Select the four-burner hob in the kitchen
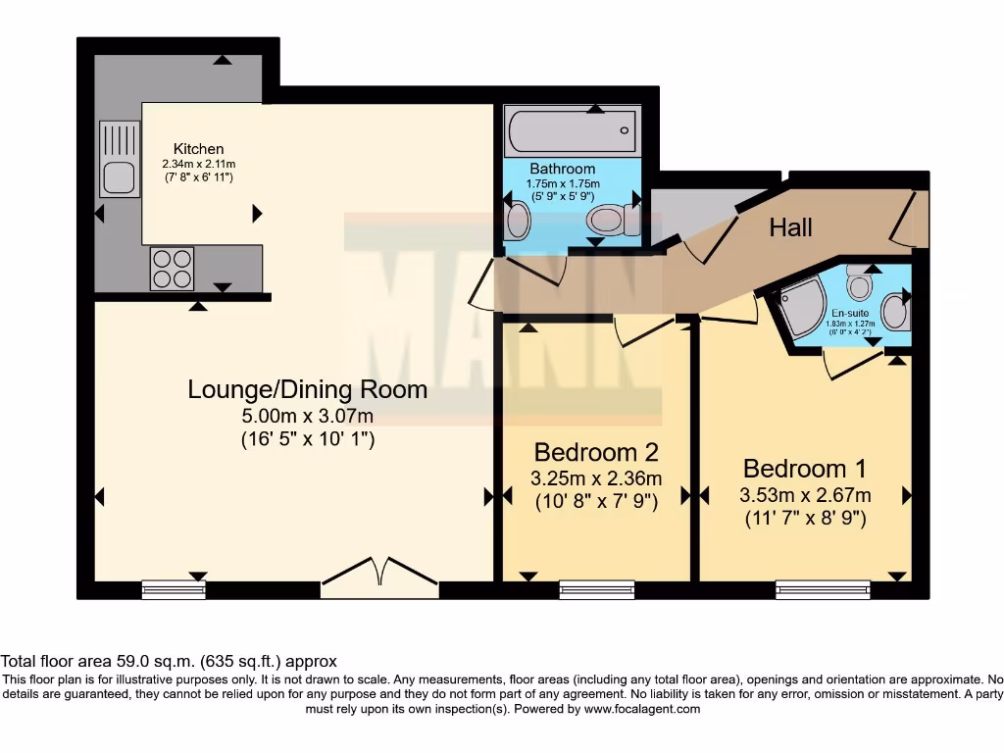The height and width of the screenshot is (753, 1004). point(171,269)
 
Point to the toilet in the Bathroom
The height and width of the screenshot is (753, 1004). point(616,221)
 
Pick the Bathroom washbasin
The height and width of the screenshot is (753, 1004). point(519,222)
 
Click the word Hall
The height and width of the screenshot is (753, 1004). point(790,227)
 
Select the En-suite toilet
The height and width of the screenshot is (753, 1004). point(860,283)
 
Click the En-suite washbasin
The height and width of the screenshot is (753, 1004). point(894,312)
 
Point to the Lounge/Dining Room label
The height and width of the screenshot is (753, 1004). point(308,389)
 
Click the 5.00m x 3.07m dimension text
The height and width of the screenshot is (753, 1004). point(308,417)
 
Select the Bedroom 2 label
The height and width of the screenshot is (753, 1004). point(595,452)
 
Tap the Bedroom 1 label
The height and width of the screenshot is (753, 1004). point(804,468)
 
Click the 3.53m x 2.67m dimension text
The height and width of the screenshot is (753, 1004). point(804,494)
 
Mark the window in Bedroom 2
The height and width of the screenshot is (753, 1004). point(596,589)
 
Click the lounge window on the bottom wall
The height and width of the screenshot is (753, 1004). point(174,589)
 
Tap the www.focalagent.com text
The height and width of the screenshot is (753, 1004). point(643,709)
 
